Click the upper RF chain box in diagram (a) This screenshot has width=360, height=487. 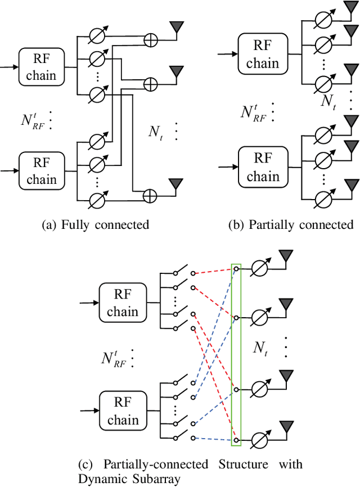pos(42,67)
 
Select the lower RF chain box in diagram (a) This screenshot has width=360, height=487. pos(42,171)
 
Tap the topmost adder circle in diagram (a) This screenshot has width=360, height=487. pos(150,39)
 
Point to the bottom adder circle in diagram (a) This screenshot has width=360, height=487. pos(150,196)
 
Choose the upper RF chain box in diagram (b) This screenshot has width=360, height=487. pos(263,53)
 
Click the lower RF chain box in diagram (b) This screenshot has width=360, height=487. pos(263,168)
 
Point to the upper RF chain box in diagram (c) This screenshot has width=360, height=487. pos(123,303)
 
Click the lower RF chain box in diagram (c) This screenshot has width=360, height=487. pos(123,412)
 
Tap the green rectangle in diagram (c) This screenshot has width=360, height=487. pos(236,355)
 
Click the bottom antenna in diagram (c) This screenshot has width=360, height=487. pos(287,427)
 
